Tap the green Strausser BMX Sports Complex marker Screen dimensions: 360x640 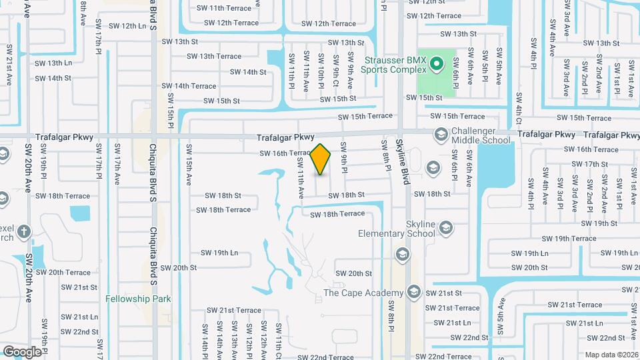(437, 65)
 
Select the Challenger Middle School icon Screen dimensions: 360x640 (440, 135)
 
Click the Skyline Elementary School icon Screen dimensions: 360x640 (445, 229)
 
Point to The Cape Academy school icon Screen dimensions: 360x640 (414, 293)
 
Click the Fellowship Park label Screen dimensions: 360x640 (137, 299)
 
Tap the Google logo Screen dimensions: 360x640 (23, 351)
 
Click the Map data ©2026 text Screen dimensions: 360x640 (611, 355)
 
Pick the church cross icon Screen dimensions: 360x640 (24, 232)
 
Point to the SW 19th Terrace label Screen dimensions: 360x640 (568, 238)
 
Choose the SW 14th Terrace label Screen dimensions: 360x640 (195, 86)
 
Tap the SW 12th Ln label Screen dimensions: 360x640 (127, 26)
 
